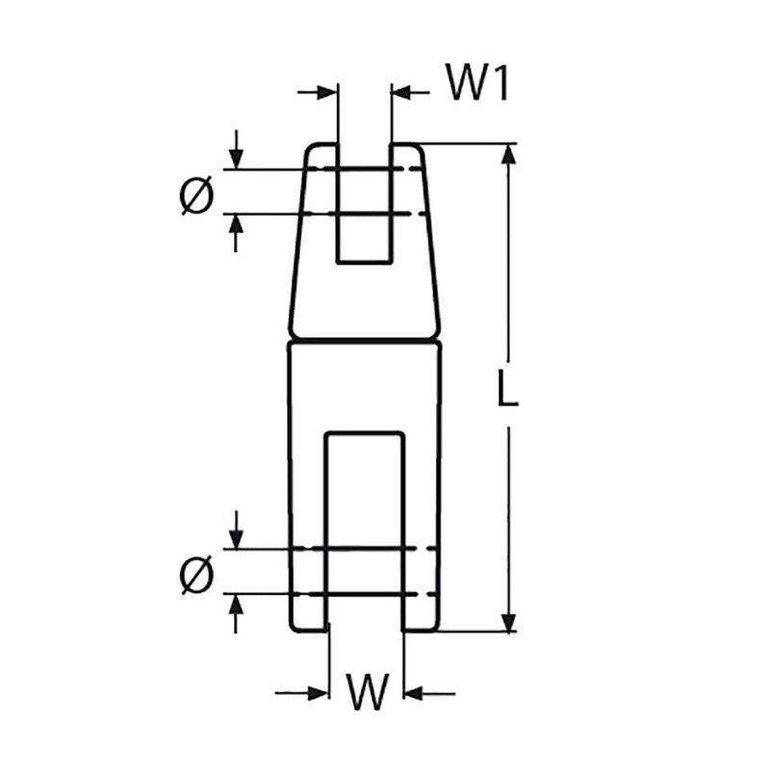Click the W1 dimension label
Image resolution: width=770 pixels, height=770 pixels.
[x=475, y=86]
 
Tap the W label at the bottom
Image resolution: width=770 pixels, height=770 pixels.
[x=367, y=692]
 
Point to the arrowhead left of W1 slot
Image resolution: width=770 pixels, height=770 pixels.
[x=329, y=92]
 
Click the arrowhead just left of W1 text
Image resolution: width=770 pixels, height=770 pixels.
[x=400, y=92]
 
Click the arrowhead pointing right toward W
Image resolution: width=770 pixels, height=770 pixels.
[x=318, y=692]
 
